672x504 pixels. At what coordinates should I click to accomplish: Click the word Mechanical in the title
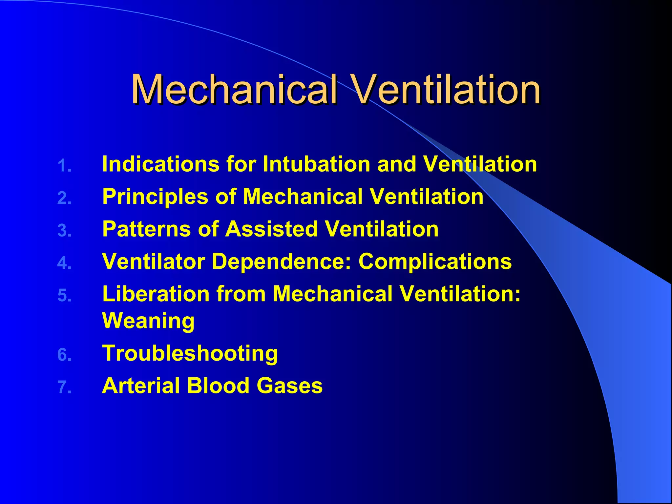tap(234, 89)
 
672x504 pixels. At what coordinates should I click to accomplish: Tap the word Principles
tap(155, 197)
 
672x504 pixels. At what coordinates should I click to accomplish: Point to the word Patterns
tap(146, 229)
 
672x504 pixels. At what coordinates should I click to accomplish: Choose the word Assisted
tap(271, 229)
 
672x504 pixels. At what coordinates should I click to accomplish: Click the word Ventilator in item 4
tap(154, 261)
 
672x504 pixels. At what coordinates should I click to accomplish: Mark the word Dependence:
tap(282, 261)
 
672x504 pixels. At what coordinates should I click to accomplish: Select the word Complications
tap(435, 261)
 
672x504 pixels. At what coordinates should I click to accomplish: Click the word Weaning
tap(148, 321)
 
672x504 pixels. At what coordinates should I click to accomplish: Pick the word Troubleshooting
tap(190, 353)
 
